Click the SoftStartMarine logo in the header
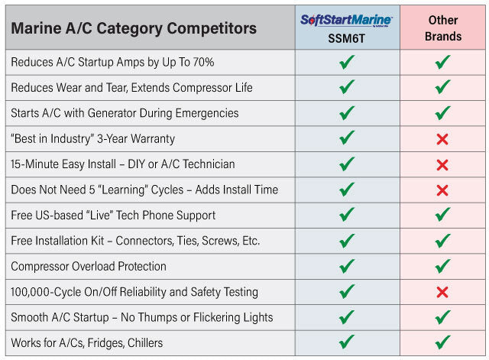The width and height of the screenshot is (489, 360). [348, 18]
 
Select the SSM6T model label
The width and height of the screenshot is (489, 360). [348, 37]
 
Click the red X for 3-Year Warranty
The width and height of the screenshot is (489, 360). [442, 139]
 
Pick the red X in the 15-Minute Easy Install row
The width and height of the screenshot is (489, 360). [442, 164]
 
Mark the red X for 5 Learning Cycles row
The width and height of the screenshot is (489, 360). [442, 190]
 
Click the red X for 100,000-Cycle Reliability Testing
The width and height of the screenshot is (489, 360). [442, 292]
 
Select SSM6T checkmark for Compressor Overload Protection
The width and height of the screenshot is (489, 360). [347, 266]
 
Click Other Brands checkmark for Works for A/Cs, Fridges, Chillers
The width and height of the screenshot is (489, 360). [442, 342]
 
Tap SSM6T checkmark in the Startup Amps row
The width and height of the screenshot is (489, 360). [347, 62]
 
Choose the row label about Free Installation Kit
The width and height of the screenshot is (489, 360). [135, 241]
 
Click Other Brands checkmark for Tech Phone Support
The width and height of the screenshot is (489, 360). [442, 215]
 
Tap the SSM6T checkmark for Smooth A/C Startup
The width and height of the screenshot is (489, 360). [347, 316]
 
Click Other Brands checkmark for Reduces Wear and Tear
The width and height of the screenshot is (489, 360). [442, 87]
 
